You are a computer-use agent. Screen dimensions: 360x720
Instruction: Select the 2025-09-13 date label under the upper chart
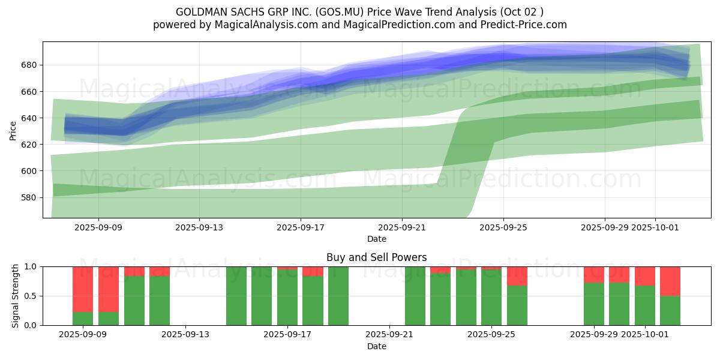(x=199, y=228)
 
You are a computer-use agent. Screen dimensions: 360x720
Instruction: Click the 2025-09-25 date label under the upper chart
(x=503, y=228)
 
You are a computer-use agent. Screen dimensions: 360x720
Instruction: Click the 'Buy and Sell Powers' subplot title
(x=376, y=257)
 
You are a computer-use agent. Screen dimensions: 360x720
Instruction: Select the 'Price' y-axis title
(x=13, y=130)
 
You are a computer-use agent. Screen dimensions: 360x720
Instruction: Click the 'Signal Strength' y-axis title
(x=16, y=296)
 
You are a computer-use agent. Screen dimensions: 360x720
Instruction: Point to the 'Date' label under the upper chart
(x=376, y=239)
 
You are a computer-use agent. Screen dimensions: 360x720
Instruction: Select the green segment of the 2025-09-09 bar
(x=83, y=319)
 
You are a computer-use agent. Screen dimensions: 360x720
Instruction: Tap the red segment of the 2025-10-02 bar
(x=670, y=281)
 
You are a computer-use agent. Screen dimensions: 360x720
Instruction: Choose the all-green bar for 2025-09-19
(x=338, y=296)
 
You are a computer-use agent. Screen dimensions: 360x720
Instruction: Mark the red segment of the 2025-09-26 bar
(x=517, y=276)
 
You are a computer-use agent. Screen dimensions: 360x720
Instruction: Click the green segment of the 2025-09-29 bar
(x=594, y=304)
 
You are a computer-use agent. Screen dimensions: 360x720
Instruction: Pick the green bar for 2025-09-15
(x=236, y=296)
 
